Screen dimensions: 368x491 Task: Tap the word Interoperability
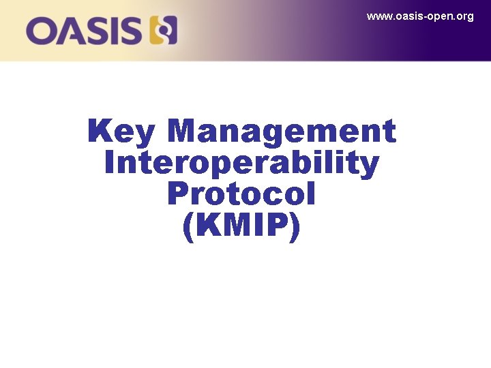pyautogui.click(x=242, y=164)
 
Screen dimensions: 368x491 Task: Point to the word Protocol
pyautogui.click(x=241, y=196)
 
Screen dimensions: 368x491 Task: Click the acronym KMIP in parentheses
pyautogui.click(x=242, y=228)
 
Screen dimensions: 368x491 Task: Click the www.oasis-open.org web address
pyautogui.click(x=420, y=16)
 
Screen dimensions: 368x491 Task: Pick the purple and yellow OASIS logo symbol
pyautogui.click(x=163, y=31)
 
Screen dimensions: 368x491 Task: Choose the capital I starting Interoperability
pyautogui.click(x=110, y=164)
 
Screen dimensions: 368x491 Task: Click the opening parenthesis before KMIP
pyautogui.click(x=189, y=229)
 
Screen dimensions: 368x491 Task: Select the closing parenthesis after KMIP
pyautogui.click(x=295, y=229)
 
